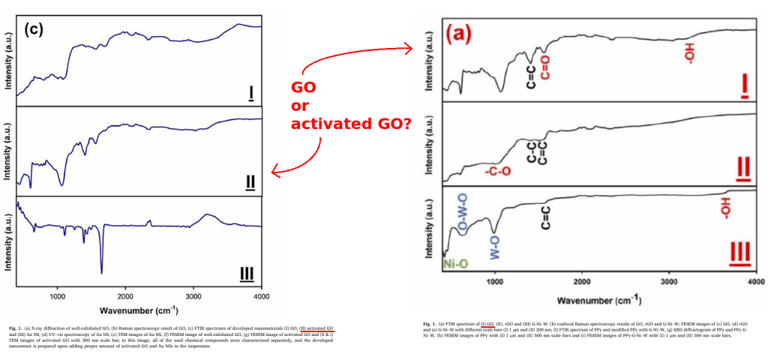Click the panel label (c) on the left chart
(36, 29)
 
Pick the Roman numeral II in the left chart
(250, 182)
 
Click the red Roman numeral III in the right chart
(739, 254)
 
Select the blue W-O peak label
(494, 248)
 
